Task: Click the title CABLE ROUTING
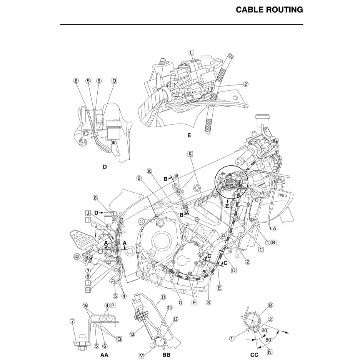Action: [269, 10]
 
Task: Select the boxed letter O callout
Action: [114, 81]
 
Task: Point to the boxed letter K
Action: [190, 153]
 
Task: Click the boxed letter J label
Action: [88, 213]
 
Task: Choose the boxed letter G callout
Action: [180, 302]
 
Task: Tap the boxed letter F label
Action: [194, 302]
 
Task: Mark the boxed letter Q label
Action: [119, 339]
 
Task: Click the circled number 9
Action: [139, 178]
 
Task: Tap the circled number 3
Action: [209, 302]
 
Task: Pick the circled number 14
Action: [271, 305]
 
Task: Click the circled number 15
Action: [85, 305]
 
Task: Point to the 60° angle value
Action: [268, 340]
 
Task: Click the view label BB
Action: [166, 355]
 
